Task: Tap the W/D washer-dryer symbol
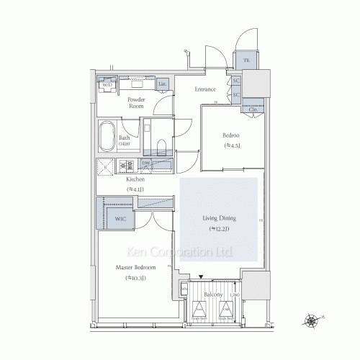(x=107, y=84)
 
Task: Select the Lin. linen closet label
(x=162, y=85)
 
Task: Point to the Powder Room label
(x=136, y=102)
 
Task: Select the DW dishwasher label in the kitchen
(x=145, y=164)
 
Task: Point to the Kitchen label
(x=135, y=179)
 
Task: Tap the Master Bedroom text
(x=135, y=267)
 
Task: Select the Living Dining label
(x=219, y=218)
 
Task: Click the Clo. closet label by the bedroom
(x=253, y=109)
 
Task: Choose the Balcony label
(x=212, y=295)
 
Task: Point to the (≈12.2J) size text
(x=219, y=228)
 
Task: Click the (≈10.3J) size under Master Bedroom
(x=135, y=277)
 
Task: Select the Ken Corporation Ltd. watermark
(x=180, y=253)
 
